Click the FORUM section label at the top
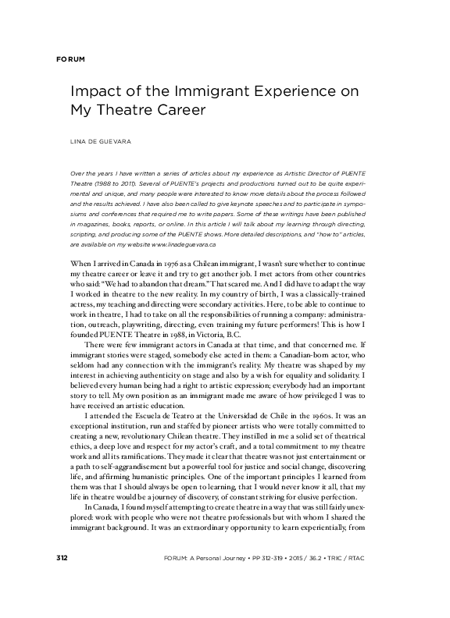pyautogui.click(x=70, y=59)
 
